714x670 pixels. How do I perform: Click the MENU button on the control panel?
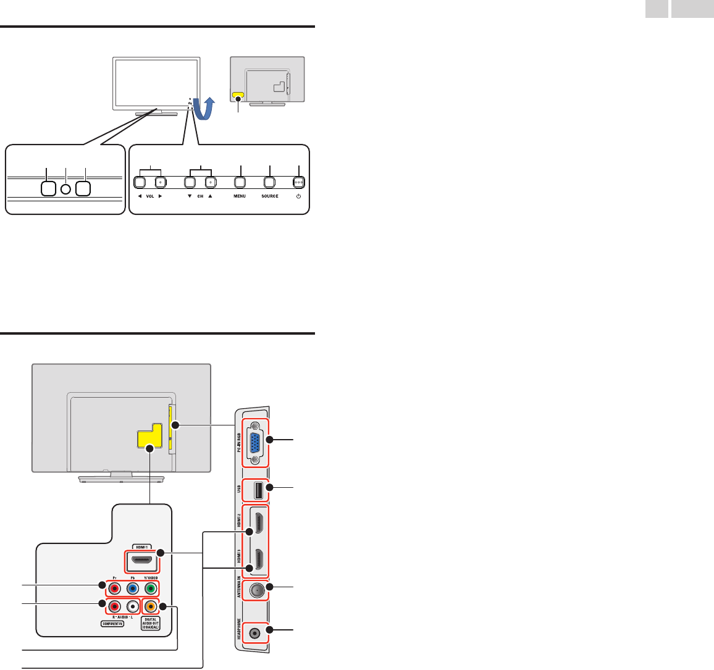point(240,183)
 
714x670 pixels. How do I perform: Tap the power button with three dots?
point(299,183)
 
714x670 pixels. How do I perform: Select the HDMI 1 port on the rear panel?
point(141,562)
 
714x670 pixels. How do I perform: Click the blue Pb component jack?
point(132,588)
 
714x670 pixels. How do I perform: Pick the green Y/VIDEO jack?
point(149,588)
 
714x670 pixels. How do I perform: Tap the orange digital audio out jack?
point(149,606)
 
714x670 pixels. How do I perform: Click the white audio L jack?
point(132,606)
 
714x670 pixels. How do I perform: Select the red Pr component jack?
point(114,588)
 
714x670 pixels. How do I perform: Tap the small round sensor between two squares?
point(66,187)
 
